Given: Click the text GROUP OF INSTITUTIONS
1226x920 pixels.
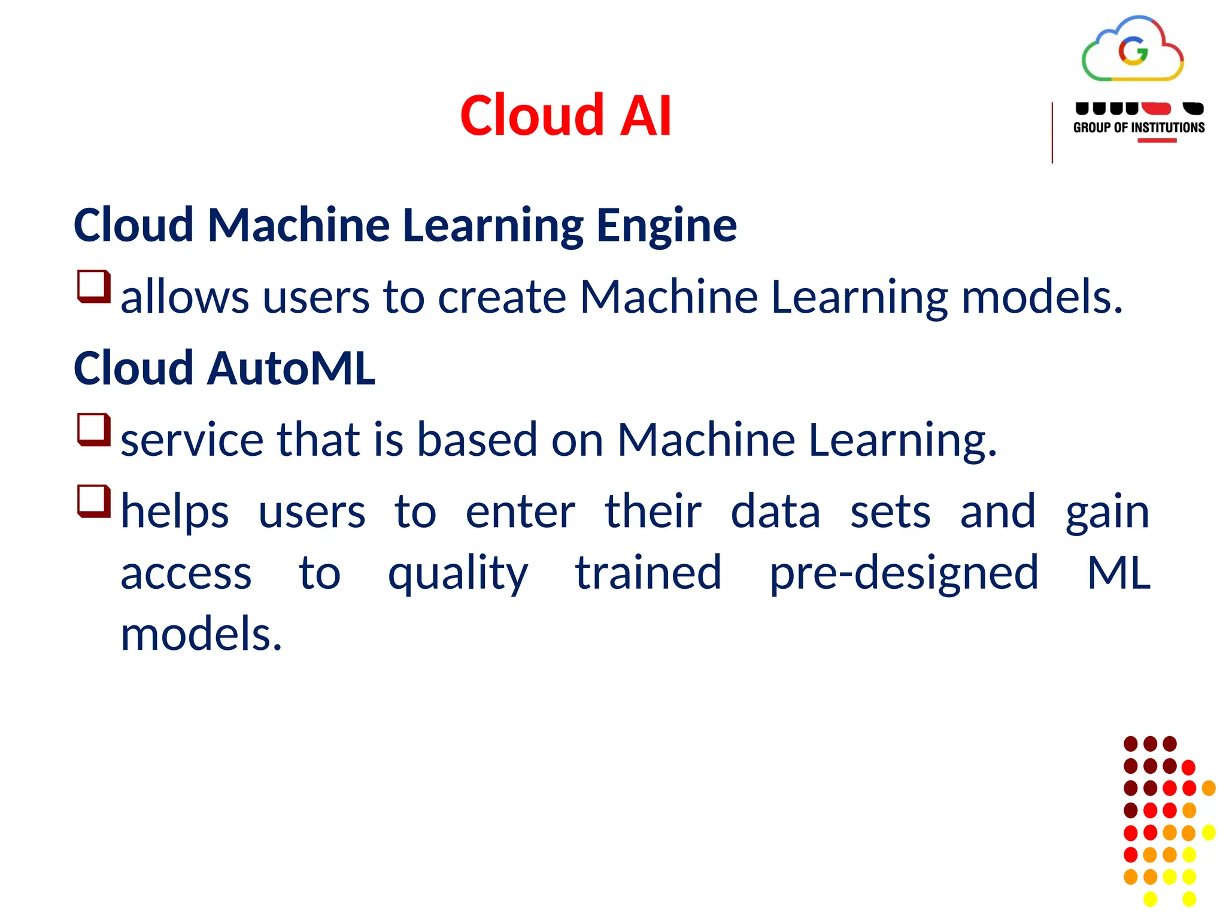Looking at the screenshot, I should [1139, 128].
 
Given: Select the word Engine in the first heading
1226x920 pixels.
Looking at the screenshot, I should [666, 226].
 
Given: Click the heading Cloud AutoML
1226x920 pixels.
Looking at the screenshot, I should [224, 368].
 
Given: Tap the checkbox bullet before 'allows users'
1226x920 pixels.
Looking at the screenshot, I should [94, 286].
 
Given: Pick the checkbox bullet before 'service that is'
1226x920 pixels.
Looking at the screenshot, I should [94, 429].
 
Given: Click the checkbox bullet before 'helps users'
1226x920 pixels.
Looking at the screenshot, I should [94, 501].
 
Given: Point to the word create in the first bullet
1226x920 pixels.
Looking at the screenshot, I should [502, 297].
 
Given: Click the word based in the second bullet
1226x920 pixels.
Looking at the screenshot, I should [477, 440].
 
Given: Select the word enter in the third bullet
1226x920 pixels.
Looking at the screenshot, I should [520, 512].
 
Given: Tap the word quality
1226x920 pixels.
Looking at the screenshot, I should [458, 574].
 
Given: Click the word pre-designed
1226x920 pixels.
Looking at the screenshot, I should [903, 574].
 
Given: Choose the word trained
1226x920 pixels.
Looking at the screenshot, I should [648, 573].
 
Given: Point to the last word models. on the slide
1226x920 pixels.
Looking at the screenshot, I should [201, 634].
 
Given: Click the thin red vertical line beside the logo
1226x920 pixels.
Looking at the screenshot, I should [1052, 133].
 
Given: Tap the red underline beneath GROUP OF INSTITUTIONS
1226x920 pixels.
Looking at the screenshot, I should [1157, 141].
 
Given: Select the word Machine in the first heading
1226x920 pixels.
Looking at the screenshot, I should [299, 226].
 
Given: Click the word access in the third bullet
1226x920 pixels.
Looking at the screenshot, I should [186, 574].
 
